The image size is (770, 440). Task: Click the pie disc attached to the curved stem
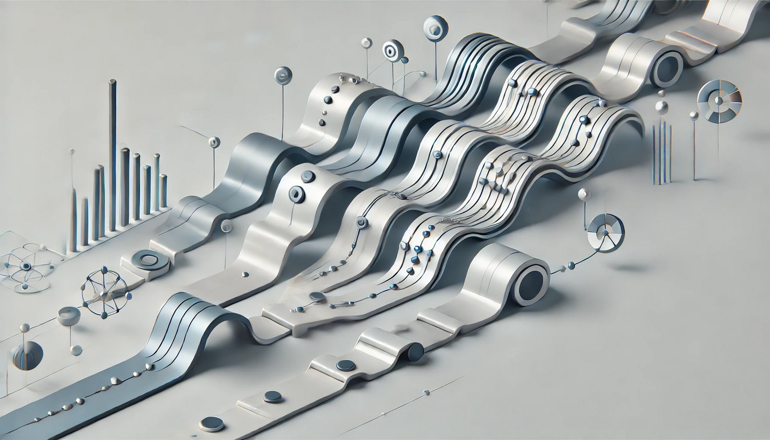[x=605, y=233]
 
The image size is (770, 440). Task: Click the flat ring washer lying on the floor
[x=148, y=260]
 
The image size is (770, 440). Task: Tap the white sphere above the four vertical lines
[x=662, y=106]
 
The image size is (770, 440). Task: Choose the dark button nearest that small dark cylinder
[x=344, y=365]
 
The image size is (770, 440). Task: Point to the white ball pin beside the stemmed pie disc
[x=584, y=194]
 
